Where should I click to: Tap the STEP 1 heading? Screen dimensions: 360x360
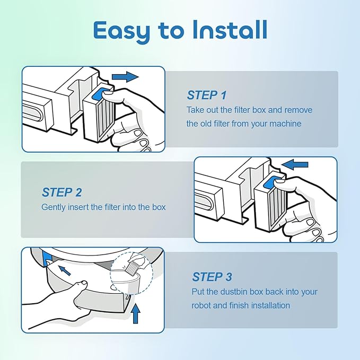(x=207, y=95)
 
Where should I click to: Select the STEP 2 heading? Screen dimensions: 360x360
(x=62, y=192)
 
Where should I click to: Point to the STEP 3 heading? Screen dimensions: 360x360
(x=212, y=277)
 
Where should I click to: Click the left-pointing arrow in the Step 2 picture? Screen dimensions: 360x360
(x=295, y=164)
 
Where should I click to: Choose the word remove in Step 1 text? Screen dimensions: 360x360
(x=298, y=110)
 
